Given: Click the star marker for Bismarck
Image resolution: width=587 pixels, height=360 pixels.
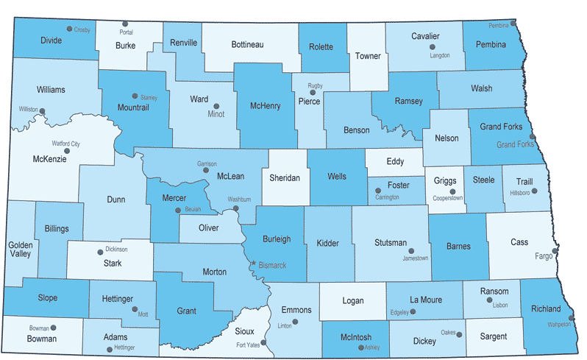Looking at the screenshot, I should click(x=254, y=263).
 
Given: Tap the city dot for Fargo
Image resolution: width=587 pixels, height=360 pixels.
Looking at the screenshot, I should click(x=555, y=251).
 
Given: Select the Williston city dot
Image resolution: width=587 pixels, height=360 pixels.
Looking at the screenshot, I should click(x=43, y=112).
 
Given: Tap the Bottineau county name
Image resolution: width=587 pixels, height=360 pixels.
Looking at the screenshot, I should click(x=247, y=45).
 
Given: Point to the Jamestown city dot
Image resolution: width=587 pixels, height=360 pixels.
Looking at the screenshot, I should click(x=411, y=250).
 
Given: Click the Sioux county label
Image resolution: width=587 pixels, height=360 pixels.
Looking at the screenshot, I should click(x=244, y=332).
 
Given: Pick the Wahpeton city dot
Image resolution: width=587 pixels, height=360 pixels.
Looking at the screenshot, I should click(x=571, y=319).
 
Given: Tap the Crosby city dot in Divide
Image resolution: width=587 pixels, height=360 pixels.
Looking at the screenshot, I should click(x=69, y=29).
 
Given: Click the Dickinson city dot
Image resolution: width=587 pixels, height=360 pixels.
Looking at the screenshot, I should click(x=101, y=252).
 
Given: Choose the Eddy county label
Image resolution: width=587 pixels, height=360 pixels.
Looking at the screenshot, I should click(x=395, y=161).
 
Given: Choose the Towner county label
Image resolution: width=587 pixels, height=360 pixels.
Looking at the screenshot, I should click(x=368, y=56).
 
